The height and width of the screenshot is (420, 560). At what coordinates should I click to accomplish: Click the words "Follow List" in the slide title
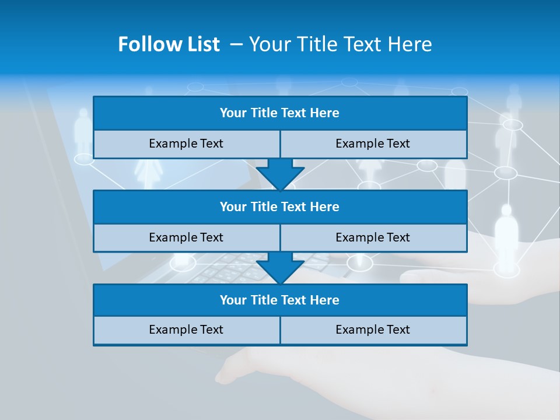[169, 44]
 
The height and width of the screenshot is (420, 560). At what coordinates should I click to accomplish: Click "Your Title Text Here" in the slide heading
[340, 44]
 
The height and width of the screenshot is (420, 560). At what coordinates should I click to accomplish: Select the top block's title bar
[279, 113]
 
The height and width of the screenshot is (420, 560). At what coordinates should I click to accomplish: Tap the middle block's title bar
[279, 207]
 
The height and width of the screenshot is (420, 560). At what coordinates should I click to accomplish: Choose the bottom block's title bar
[279, 300]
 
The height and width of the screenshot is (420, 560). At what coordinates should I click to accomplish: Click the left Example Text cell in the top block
[186, 144]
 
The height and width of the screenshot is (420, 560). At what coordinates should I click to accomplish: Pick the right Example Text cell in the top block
[373, 144]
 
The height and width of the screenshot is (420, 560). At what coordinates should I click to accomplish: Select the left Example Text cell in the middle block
[186, 237]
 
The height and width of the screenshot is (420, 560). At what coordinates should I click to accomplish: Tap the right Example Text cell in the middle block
[373, 237]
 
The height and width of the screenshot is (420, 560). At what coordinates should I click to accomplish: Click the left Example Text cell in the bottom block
[186, 330]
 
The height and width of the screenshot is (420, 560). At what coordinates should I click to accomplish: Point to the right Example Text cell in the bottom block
[373, 330]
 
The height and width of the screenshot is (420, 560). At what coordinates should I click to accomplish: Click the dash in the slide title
[236, 44]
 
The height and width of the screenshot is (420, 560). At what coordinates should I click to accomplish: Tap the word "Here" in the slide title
[411, 44]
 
